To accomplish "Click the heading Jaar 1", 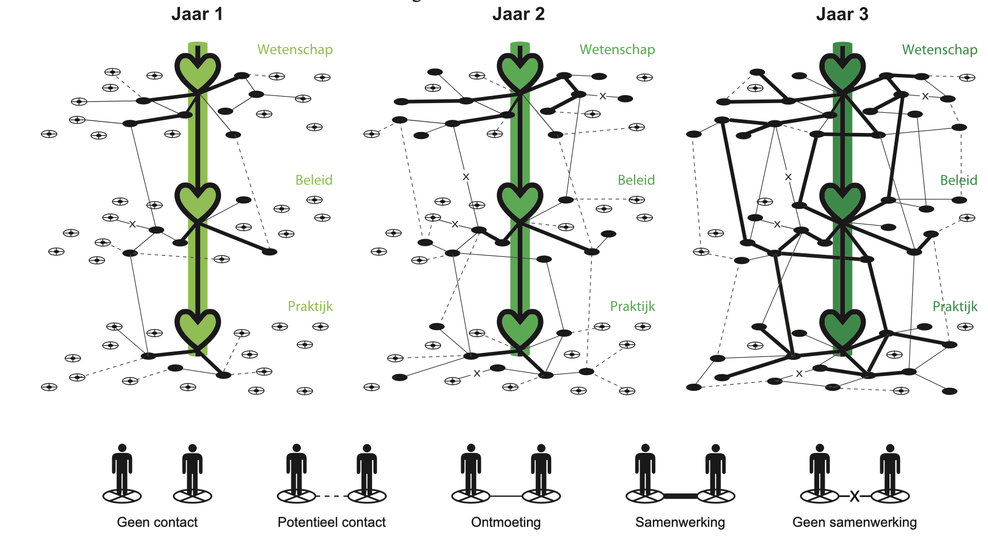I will (x=197, y=14).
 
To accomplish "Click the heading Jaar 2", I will (x=519, y=14).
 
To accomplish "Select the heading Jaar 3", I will (x=842, y=14).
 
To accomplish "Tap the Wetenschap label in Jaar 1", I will (x=295, y=50).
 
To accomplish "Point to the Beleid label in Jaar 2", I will (x=636, y=180).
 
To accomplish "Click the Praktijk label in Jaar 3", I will (x=955, y=306).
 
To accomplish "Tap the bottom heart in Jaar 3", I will (x=842, y=329).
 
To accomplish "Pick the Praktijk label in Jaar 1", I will (x=310, y=306).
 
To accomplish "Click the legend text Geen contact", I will (x=157, y=522).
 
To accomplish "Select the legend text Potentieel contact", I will (x=332, y=522).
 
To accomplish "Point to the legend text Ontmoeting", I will (x=506, y=522).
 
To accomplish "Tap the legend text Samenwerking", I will (x=680, y=522).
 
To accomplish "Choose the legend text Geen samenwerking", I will (x=855, y=522).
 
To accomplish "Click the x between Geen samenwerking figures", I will (x=855, y=496).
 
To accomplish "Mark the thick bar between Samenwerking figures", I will (x=680, y=496).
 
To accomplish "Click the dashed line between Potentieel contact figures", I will (x=332, y=496).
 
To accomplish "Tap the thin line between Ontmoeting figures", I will (x=506, y=496).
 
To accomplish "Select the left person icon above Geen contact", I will (x=122, y=470).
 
